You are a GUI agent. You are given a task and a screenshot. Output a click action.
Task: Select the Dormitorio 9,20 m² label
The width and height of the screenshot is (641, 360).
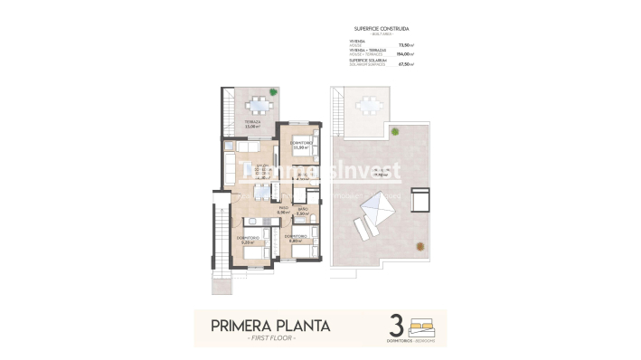(x=250, y=240)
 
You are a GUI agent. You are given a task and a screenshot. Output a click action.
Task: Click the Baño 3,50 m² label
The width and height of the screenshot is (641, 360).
(x=303, y=211)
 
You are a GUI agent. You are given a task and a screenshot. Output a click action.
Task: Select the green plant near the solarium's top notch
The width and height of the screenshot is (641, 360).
(x=394, y=130)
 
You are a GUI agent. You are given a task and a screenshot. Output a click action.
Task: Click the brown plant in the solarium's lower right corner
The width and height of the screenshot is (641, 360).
(x=419, y=247)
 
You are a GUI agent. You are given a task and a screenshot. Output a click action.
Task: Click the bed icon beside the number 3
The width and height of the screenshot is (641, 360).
(x=421, y=323)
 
